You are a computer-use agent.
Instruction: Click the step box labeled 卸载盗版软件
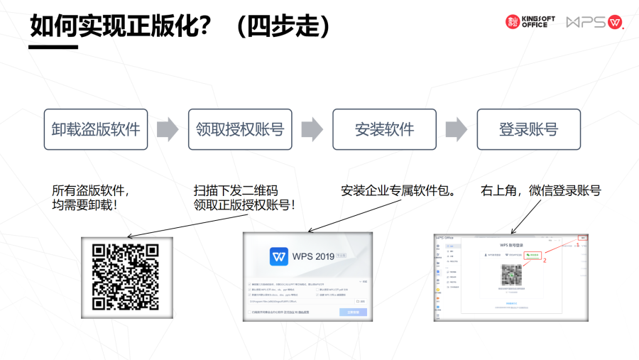tap(96, 129)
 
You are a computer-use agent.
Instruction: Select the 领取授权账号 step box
tap(240, 129)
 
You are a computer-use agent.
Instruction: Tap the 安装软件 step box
tap(384, 129)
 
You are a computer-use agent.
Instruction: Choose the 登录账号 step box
tap(528, 129)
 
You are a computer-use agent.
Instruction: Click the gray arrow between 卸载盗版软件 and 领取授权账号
tap(168, 129)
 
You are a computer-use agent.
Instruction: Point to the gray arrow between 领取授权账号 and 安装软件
tap(312, 129)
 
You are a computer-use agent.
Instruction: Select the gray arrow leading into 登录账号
tap(456, 129)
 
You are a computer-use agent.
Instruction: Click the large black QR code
tap(125, 277)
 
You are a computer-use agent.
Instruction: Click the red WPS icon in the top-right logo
tap(615, 22)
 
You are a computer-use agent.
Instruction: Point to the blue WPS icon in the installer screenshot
tap(280, 256)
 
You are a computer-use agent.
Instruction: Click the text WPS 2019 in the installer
tap(313, 256)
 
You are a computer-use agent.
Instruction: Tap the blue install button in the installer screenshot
tap(353, 312)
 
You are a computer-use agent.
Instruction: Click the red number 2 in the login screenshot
tap(545, 261)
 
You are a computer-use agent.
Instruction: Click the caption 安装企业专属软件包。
tap(398, 191)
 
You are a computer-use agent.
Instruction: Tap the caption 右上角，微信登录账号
tap(540, 191)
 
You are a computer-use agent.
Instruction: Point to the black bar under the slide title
tap(54, 48)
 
